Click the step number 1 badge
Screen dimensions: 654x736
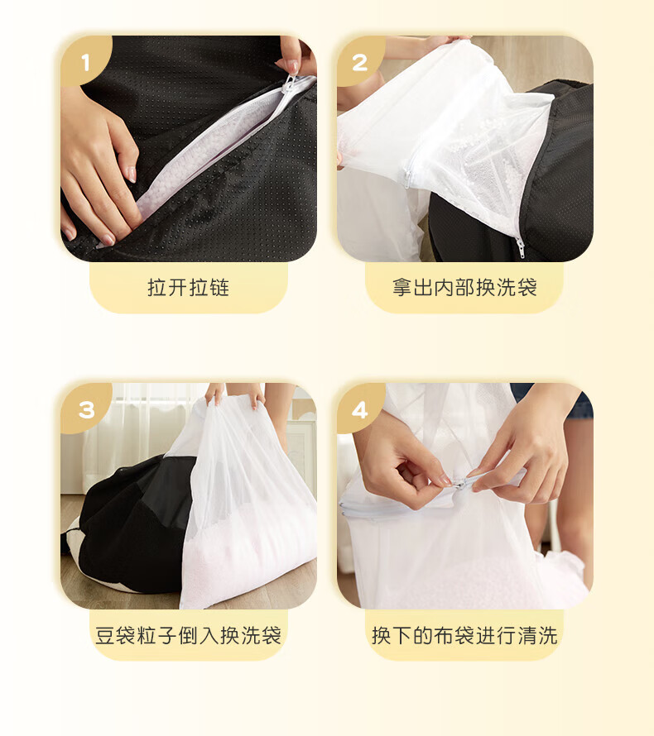click(85, 61)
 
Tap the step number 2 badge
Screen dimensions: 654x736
click(360, 61)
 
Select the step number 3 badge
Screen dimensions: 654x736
click(86, 409)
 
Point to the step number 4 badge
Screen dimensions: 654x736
click(360, 409)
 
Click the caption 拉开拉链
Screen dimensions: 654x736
click(189, 287)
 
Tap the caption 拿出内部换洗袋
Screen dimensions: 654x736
click(464, 287)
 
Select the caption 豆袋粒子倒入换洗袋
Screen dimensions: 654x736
click(188, 635)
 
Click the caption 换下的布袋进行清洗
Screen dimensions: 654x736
click(464, 635)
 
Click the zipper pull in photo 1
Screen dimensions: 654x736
click(289, 84)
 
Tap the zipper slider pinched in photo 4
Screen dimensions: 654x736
click(458, 483)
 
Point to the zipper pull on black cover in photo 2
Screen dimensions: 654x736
click(520, 247)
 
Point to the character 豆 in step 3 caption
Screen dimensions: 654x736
click(105, 636)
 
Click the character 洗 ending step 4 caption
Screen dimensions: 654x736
click(548, 636)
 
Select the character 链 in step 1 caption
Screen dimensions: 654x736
click(219, 287)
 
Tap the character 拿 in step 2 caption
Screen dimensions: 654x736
click(402, 287)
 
